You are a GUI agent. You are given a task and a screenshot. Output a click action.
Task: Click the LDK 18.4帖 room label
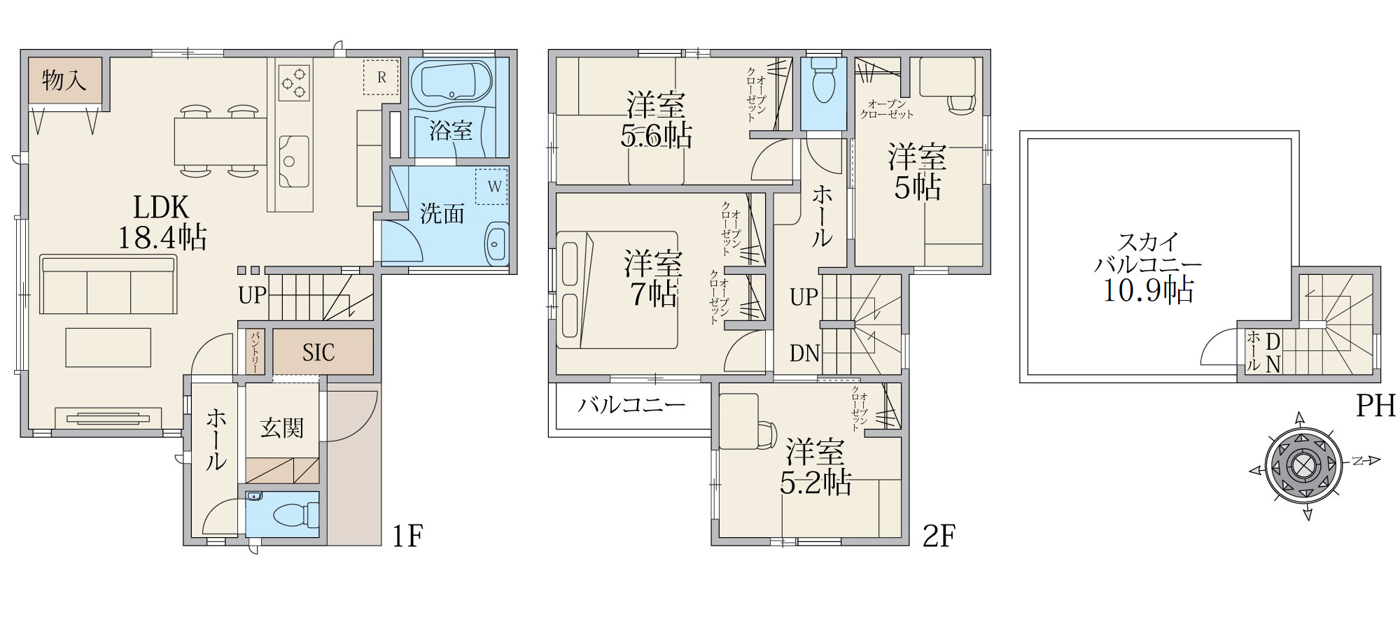pyautogui.click(x=162, y=222)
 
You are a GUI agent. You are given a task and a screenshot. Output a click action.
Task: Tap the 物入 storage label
pyautogui.click(x=64, y=80)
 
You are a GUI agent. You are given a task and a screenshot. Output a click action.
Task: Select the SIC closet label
pyautogui.click(x=318, y=353)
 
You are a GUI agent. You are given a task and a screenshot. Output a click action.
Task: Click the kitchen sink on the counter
pyautogui.click(x=294, y=162)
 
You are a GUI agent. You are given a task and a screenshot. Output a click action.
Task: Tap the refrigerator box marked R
pyautogui.click(x=381, y=77)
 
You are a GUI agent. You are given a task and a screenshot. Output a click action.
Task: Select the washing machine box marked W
pyautogui.click(x=492, y=187)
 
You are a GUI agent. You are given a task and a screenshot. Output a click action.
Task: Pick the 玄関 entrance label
pyautogui.click(x=282, y=428)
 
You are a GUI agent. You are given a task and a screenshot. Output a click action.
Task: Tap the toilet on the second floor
pyautogui.click(x=824, y=80)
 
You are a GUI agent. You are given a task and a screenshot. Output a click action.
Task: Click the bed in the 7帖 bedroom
pyautogui.click(x=617, y=290)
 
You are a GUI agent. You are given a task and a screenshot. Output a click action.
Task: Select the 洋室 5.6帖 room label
pyautogui.click(x=656, y=120)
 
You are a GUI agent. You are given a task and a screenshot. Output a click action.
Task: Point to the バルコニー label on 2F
pyautogui.click(x=631, y=405)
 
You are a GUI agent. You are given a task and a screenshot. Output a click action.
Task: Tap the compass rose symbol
pyautogui.click(x=1303, y=466)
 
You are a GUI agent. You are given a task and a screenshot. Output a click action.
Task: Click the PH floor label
pyautogui.click(x=1375, y=406)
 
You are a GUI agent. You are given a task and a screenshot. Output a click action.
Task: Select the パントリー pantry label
pyautogui.click(x=255, y=352)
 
